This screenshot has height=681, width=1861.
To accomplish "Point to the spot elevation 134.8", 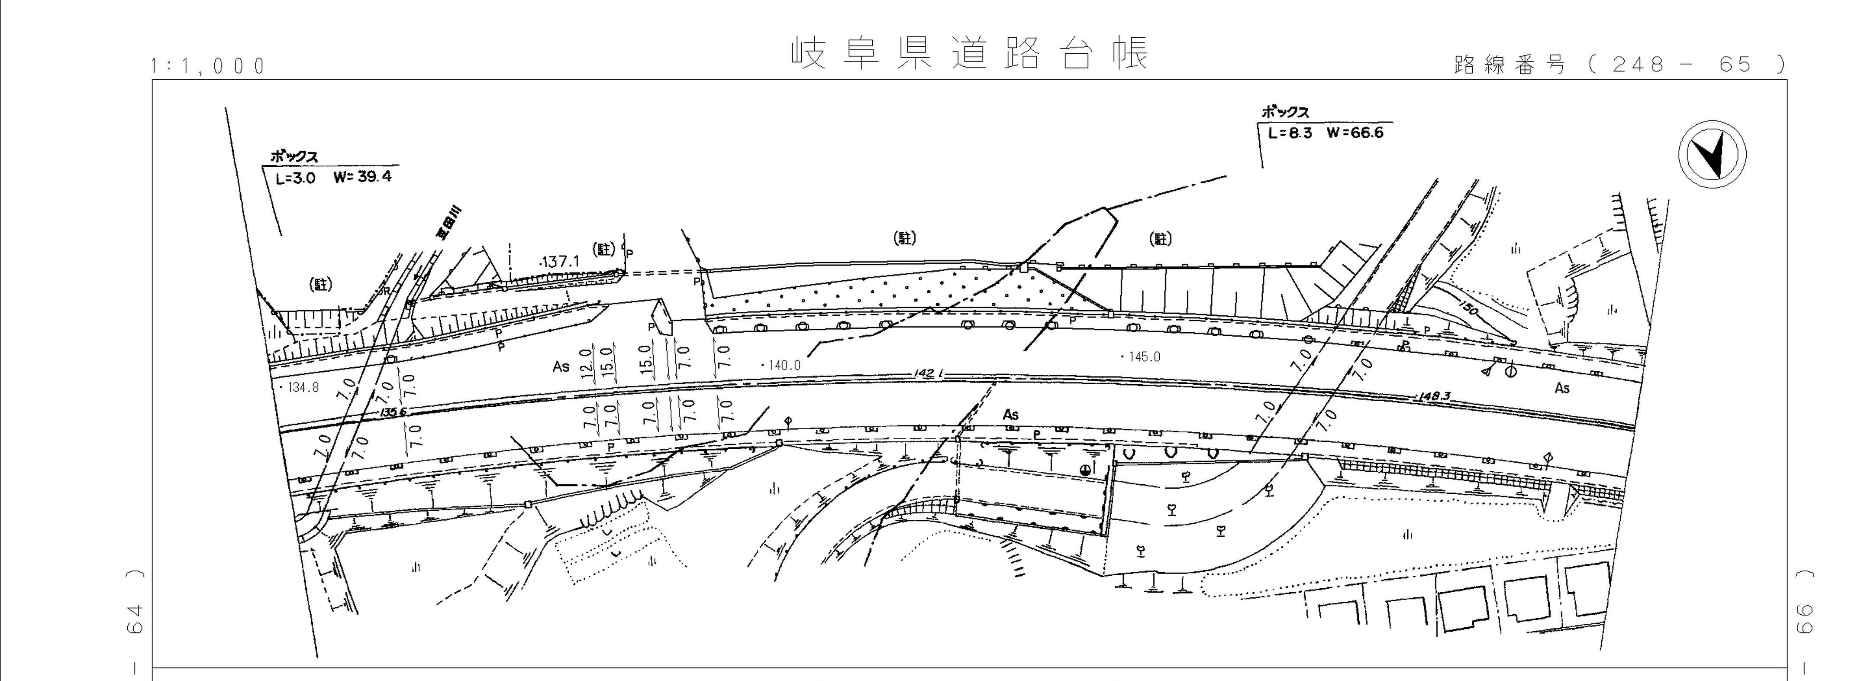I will [x=300, y=387].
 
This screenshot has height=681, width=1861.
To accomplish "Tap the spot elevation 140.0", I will [x=782, y=366].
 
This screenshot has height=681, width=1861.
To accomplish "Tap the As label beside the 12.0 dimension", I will [x=561, y=366].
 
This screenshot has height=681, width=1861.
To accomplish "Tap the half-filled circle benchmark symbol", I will [x=1085, y=470].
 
